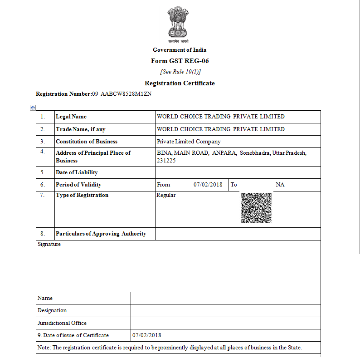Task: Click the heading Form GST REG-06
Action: pyautogui.click(x=180, y=61)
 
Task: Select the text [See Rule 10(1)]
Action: pyautogui.click(x=180, y=72)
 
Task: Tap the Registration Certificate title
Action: pyautogui.click(x=180, y=83)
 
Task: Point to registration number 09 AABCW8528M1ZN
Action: pyautogui.click(x=122, y=94)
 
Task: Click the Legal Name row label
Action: pyautogui.click(x=71, y=117)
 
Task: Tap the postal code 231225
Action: pyautogui.click(x=166, y=161)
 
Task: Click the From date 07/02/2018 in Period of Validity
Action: pyautogui.click(x=208, y=185)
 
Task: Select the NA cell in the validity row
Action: pyautogui.click(x=280, y=185)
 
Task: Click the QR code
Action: pyautogui.click(x=256, y=208)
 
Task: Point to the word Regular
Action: pyautogui.click(x=166, y=195)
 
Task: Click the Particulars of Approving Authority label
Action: pyautogui.click(x=101, y=234)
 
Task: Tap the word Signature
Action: pyautogui.click(x=49, y=244)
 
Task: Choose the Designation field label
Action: pyautogui.click(x=52, y=310)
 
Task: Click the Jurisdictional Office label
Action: pyautogui.click(x=62, y=323)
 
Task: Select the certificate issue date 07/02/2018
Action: pyautogui.click(x=146, y=335)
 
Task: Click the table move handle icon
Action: pyautogui.click(x=33, y=108)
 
